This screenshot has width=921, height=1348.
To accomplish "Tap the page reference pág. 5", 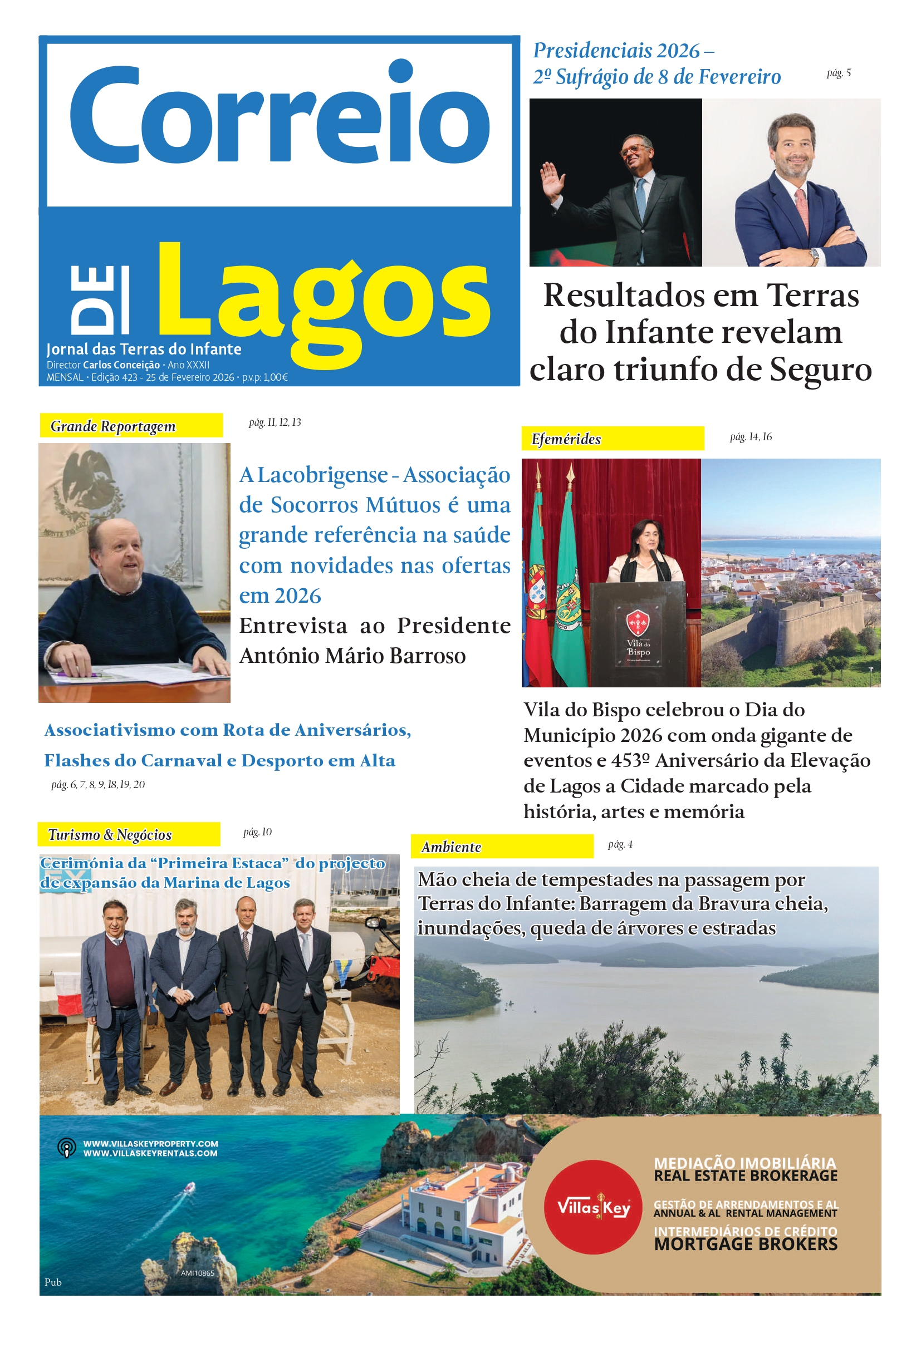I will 839,73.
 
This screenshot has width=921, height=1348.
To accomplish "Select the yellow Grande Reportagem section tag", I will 130,426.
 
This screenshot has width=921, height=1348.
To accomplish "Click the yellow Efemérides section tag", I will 613,439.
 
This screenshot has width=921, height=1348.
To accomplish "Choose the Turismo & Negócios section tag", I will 128,835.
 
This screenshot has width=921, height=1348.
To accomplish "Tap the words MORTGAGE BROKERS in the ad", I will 745,1244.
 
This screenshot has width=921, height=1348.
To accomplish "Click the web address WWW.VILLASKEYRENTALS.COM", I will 150,1154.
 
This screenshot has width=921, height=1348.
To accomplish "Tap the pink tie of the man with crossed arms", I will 801,209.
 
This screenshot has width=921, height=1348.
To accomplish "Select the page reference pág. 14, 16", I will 751,437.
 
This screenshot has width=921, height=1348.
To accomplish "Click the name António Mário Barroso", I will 352,656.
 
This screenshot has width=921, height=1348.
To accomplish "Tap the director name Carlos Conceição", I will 121,365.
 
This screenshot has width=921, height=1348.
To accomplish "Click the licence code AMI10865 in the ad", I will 197,1273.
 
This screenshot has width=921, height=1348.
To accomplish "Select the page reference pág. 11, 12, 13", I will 275,422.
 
